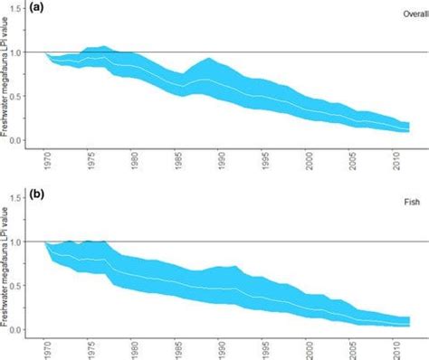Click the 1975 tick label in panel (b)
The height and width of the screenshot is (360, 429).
pos(89,350)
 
